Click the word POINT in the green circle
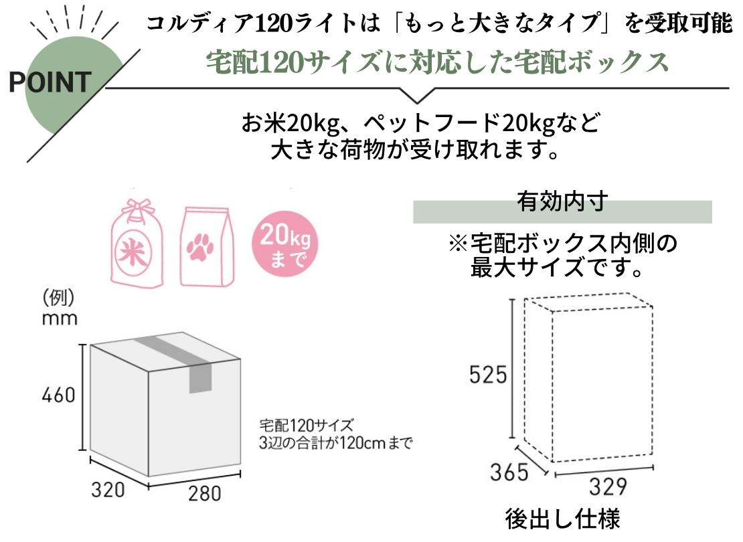(x=50, y=82)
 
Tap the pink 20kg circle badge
(x=281, y=245)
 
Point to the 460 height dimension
(x=58, y=395)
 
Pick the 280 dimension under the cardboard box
(x=203, y=494)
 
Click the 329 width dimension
(x=606, y=486)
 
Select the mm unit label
(x=60, y=318)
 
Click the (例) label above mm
(x=58, y=296)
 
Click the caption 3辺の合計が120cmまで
(x=335, y=442)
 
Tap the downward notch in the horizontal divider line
(x=416, y=96)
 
